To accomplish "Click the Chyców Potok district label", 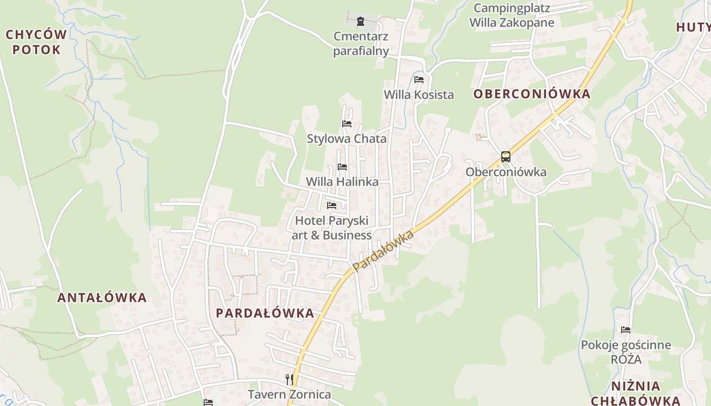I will [x=36, y=42].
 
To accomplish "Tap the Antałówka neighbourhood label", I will [x=102, y=298].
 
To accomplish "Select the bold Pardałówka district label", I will [x=265, y=313].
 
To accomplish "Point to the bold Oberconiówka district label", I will [x=532, y=94].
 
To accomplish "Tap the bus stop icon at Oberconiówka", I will [x=505, y=157].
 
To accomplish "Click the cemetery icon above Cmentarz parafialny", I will [x=361, y=21].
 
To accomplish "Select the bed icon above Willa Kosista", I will [x=419, y=80].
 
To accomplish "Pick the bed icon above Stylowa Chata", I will [x=347, y=124].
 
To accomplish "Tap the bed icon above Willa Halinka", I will [x=342, y=167].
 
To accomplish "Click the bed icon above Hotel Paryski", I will [x=332, y=206].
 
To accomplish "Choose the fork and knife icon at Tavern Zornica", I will [x=289, y=379].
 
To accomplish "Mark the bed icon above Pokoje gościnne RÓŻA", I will [x=626, y=330].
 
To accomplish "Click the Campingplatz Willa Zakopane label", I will [x=511, y=15].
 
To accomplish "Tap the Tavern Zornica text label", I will [x=289, y=394].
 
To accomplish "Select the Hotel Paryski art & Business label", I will [x=332, y=228].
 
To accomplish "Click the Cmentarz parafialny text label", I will [x=361, y=44].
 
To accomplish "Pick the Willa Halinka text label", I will [x=342, y=182].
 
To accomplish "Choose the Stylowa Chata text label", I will [x=346, y=139].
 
